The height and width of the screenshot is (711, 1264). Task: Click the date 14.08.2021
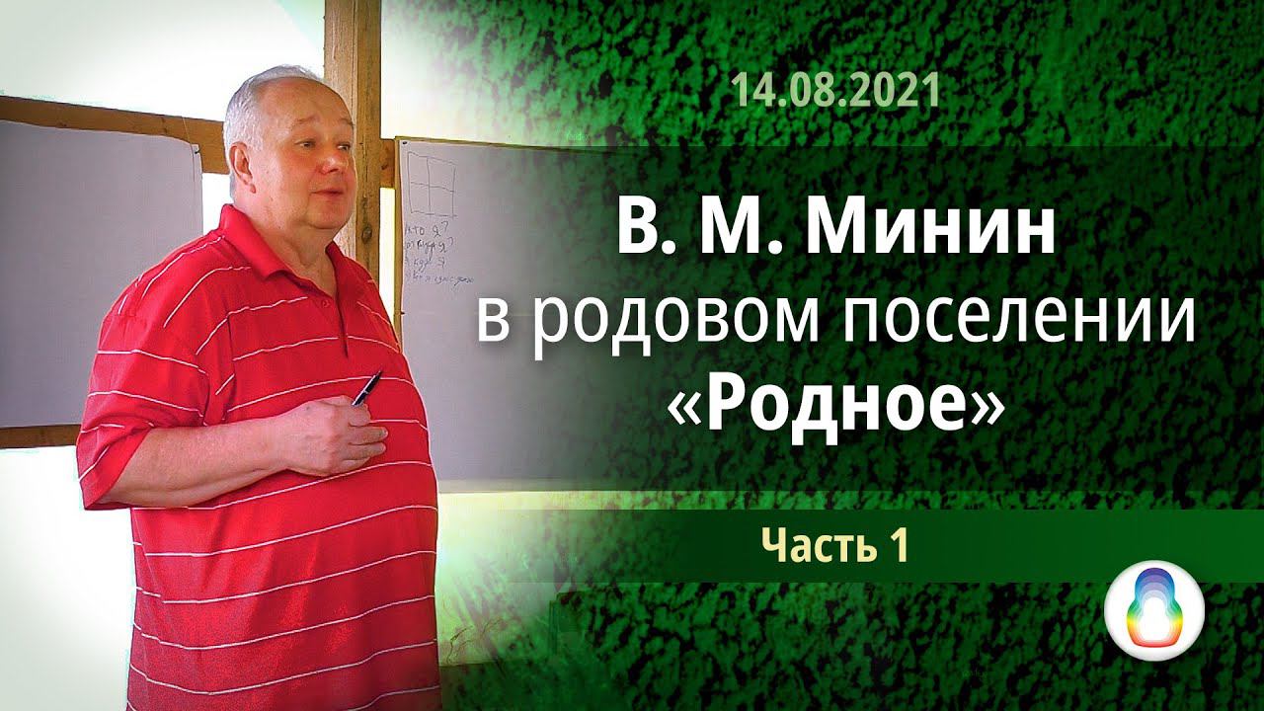point(834,94)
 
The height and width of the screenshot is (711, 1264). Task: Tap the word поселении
point(1023,323)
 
